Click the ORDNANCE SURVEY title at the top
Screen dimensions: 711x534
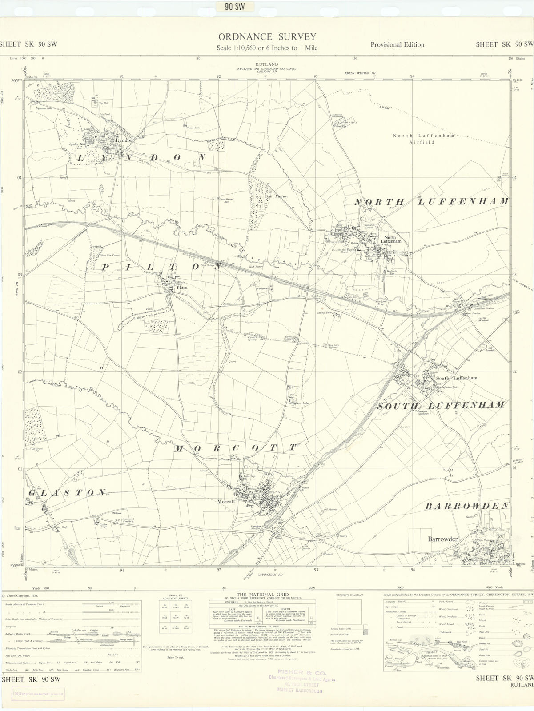click(x=267, y=37)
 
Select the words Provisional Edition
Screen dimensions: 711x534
click(x=397, y=44)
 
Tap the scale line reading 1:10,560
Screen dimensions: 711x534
click(x=267, y=48)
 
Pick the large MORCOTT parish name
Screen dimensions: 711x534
click(x=235, y=448)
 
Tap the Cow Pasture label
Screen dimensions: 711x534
click(x=277, y=196)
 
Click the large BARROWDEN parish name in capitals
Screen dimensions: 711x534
click(x=467, y=506)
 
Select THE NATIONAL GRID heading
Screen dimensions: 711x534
click(x=263, y=594)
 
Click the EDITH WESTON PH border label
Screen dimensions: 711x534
click(x=361, y=73)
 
